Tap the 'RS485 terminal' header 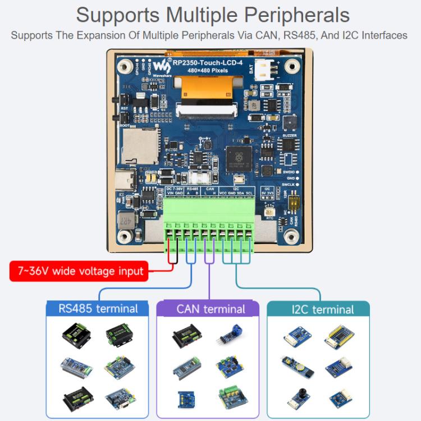[98, 308]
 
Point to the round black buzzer [290, 123]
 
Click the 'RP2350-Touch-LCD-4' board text [207, 63]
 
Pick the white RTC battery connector [270, 207]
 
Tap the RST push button [118, 100]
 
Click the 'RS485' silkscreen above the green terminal [193, 189]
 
